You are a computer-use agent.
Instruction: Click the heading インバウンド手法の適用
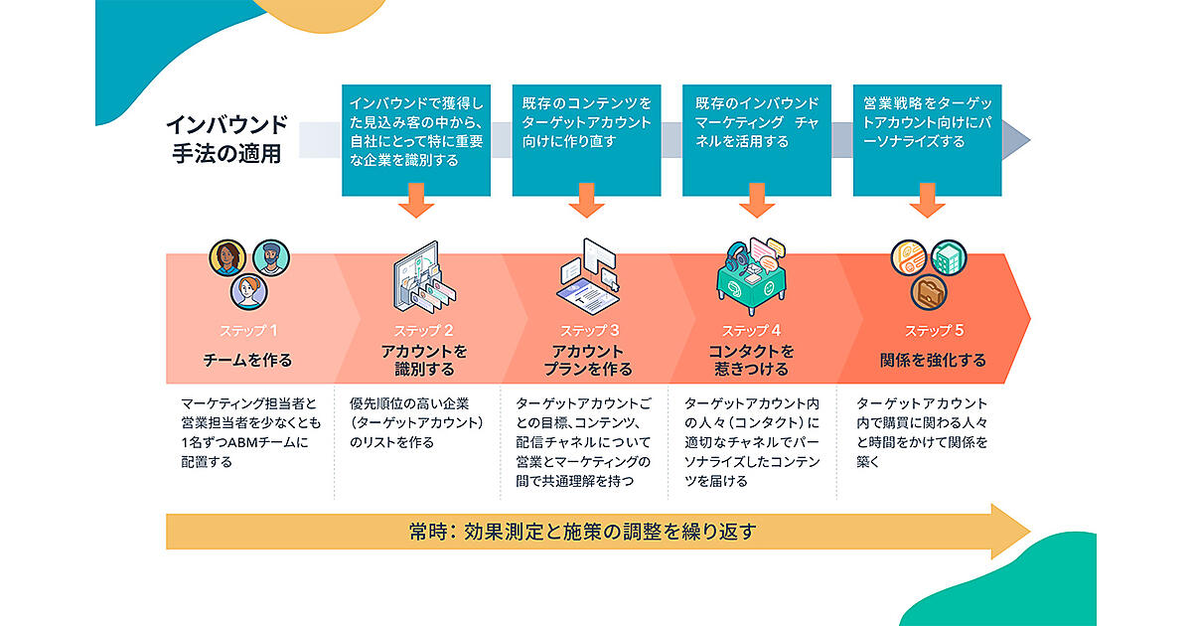[226, 140]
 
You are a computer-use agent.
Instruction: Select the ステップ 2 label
[417, 331]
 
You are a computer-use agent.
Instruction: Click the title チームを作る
[248, 361]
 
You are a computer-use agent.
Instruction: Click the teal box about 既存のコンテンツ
[586, 139]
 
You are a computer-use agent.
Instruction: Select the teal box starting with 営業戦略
[928, 139]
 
